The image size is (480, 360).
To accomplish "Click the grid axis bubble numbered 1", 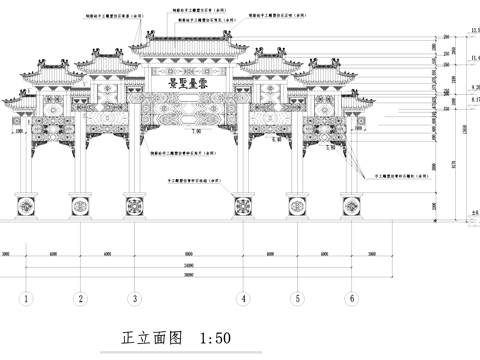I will point(27,298).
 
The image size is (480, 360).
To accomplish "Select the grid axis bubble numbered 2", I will point(80,298).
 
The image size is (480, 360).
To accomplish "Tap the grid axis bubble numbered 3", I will point(134,298).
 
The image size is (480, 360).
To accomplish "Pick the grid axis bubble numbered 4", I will point(242,298).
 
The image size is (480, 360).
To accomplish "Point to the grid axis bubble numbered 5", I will point(297,298).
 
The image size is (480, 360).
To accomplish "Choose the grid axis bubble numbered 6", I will point(351,298).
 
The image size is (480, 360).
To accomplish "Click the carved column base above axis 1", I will point(27,207).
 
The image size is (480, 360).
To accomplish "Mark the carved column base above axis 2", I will point(80,207).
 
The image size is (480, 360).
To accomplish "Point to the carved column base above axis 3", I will point(134,207).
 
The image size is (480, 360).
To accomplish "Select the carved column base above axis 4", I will point(242,207).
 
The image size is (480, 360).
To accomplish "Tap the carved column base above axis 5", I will point(297,207).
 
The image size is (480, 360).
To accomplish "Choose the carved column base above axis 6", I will point(351,207).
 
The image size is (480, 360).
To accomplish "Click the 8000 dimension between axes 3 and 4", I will point(188,253).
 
